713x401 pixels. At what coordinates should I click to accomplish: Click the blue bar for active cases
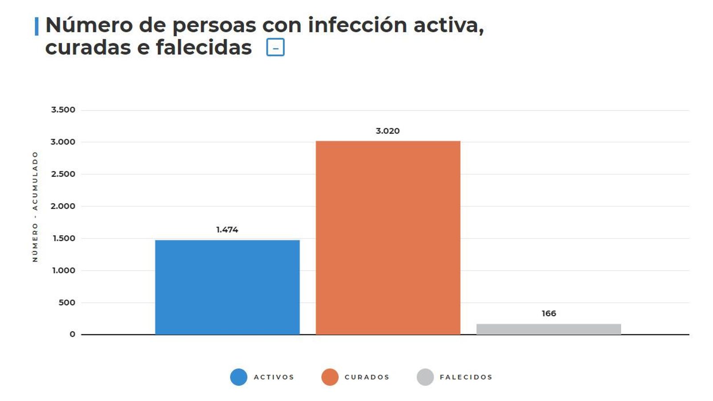[227, 287]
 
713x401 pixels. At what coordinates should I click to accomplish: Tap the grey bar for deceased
[549, 329]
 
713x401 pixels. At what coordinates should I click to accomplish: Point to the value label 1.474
[227, 229]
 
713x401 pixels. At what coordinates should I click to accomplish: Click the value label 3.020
[388, 131]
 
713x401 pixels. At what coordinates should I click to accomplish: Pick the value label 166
[549, 313]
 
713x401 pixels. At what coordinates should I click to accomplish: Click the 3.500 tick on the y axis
[63, 110]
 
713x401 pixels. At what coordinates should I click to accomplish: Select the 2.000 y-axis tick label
[63, 206]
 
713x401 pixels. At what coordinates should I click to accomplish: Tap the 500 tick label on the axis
[67, 303]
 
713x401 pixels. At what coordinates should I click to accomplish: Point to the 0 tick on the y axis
[72, 334]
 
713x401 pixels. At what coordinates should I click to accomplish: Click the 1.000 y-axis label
[64, 270]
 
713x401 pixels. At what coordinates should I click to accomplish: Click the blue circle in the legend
[238, 377]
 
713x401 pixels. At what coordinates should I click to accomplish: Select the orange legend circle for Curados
[330, 377]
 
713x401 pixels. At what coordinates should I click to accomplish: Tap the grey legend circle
[425, 377]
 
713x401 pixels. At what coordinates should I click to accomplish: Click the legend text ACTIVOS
[274, 377]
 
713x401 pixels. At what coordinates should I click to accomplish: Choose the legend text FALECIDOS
[466, 377]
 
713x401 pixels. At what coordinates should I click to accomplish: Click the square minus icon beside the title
[275, 47]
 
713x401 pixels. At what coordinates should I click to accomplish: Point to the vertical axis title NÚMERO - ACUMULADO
[35, 206]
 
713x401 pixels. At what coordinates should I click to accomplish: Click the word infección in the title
[357, 25]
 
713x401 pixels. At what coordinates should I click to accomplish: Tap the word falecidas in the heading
[204, 47]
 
